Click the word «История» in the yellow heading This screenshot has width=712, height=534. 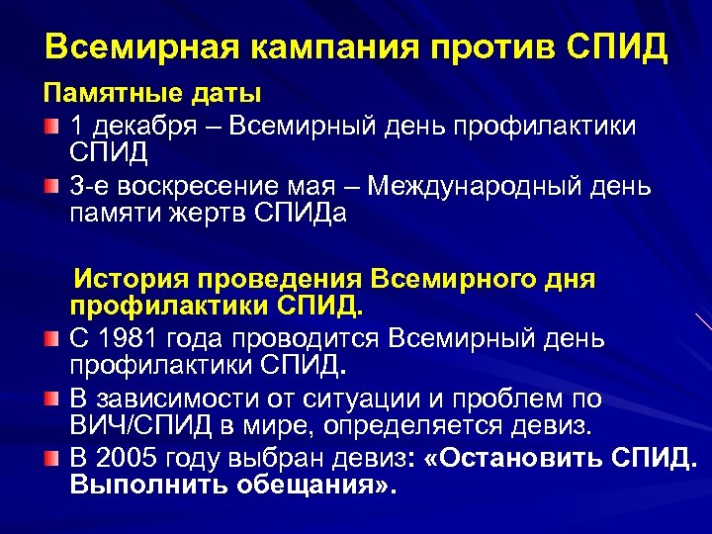pos(132,279)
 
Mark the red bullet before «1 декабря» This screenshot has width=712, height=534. pos(51,128)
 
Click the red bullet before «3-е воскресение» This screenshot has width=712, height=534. pos(51,188)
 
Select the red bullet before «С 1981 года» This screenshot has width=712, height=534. pos(51,340)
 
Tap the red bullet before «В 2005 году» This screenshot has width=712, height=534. pos(51,460)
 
